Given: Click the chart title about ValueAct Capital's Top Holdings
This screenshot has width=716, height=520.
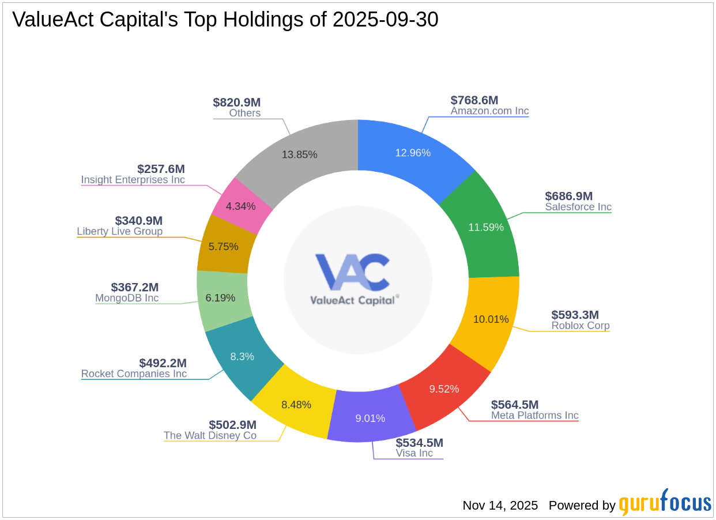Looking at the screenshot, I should [x=225, y=20].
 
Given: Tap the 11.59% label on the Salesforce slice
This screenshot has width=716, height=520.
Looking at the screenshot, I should [x=485, y=227].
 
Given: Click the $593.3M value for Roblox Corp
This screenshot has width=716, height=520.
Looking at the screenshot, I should [x=575, y=315].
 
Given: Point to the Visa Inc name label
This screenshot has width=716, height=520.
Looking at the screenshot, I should [x=414, y=453].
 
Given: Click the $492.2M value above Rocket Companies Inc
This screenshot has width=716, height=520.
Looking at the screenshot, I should [x=163, y=363].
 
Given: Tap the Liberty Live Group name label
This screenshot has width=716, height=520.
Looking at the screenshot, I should [x=119, y=232].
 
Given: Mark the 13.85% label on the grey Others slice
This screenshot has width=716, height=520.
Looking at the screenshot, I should [x=299, y=155].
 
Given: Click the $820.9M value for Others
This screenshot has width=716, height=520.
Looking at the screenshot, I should [x=236, y=103].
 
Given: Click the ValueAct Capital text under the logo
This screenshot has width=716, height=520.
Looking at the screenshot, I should [x=352, y=300].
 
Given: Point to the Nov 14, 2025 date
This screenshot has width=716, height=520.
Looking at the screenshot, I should [x=500, y=506].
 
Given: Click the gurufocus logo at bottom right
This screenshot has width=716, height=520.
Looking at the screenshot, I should [x=665, y=503].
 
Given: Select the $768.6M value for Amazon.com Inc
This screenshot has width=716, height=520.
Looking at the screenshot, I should [x=474, y=100].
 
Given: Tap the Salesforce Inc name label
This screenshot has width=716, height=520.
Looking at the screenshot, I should [x=578, y=207].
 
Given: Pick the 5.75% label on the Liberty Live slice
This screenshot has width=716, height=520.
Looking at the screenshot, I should [x=223, y=246].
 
